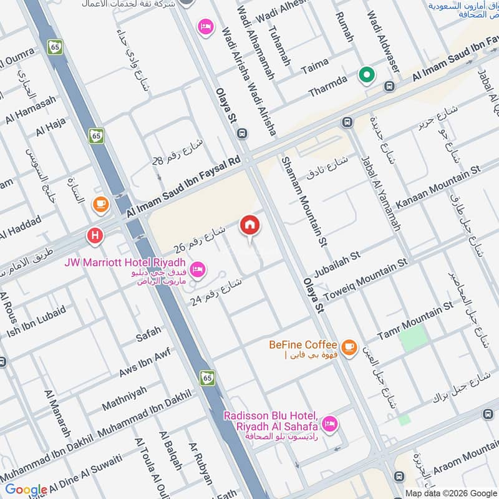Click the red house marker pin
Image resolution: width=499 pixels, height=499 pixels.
249,225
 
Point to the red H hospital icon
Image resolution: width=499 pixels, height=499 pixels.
95,236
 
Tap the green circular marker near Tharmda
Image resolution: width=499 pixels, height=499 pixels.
367,76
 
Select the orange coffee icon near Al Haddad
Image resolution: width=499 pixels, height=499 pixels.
100,203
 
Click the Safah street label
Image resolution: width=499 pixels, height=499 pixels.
148,334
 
